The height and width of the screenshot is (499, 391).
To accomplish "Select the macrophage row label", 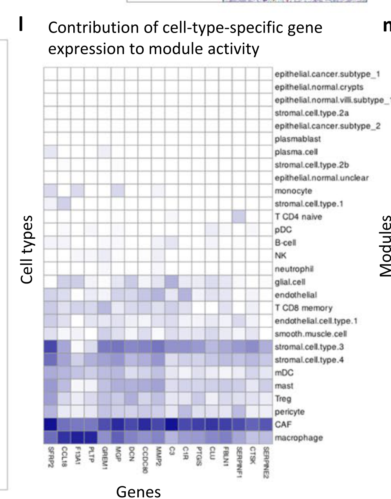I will (x=292, y=438).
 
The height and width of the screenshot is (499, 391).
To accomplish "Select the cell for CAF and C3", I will (x=171, y=425).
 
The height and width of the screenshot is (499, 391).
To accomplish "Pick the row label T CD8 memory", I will (x=298, y=308).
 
